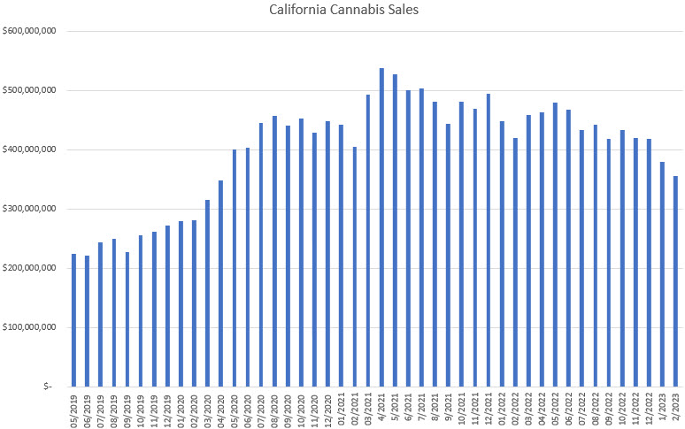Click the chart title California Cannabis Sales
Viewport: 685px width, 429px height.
click(342, 11)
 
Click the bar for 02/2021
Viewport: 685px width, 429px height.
click(354, 266)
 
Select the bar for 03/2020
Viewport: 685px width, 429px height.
click(207, 293)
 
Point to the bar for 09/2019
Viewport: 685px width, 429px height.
click(127, 319)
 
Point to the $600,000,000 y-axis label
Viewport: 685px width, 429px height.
click(31, 32)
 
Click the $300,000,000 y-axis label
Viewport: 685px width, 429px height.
click(31, 209)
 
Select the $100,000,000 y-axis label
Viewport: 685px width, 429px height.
click(31, 327)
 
